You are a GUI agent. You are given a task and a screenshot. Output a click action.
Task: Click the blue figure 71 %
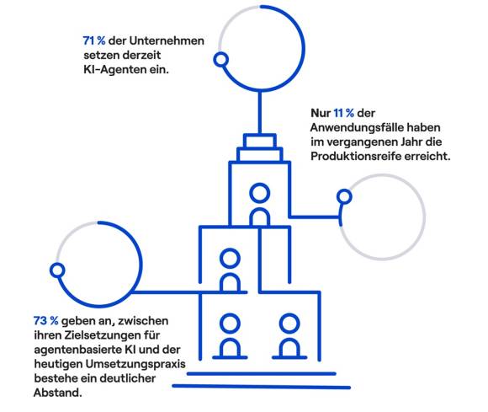pos(94,40)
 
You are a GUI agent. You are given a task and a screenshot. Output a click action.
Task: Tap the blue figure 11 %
pos(343,113)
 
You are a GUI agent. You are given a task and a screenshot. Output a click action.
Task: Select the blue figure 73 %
pos(45,320)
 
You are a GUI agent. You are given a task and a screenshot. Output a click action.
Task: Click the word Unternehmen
pos(167,40)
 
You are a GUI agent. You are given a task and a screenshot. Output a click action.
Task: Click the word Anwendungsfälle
pos(357,127)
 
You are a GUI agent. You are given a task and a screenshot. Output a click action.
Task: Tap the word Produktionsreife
pos(356,156)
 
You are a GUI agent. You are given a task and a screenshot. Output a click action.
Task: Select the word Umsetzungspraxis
pos(135,364)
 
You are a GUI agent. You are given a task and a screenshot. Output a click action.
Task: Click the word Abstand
pos(57,393)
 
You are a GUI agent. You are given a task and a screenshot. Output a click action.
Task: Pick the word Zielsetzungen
pos(103,335)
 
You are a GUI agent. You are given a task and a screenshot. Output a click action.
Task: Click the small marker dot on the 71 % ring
pos(221,60)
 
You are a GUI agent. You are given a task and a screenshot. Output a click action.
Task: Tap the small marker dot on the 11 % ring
pos(344,196)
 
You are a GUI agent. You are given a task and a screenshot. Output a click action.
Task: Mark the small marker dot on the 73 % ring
pos(57,270)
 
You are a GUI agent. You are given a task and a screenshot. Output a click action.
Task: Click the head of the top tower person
pos(259,193)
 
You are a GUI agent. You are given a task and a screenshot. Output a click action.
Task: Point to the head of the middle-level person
pos(230,259)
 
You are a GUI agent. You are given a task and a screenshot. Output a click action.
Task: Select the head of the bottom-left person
pos(230,324)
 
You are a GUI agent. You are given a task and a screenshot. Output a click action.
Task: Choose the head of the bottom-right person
pos(289,324)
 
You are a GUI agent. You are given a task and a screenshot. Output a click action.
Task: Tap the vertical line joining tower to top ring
pos(260,113)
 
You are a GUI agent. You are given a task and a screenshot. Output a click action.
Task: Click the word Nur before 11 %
pos(321,113)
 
